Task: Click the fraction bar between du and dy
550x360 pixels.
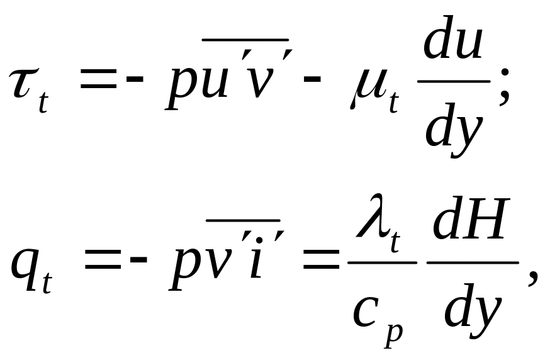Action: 454,81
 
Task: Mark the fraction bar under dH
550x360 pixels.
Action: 473,262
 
